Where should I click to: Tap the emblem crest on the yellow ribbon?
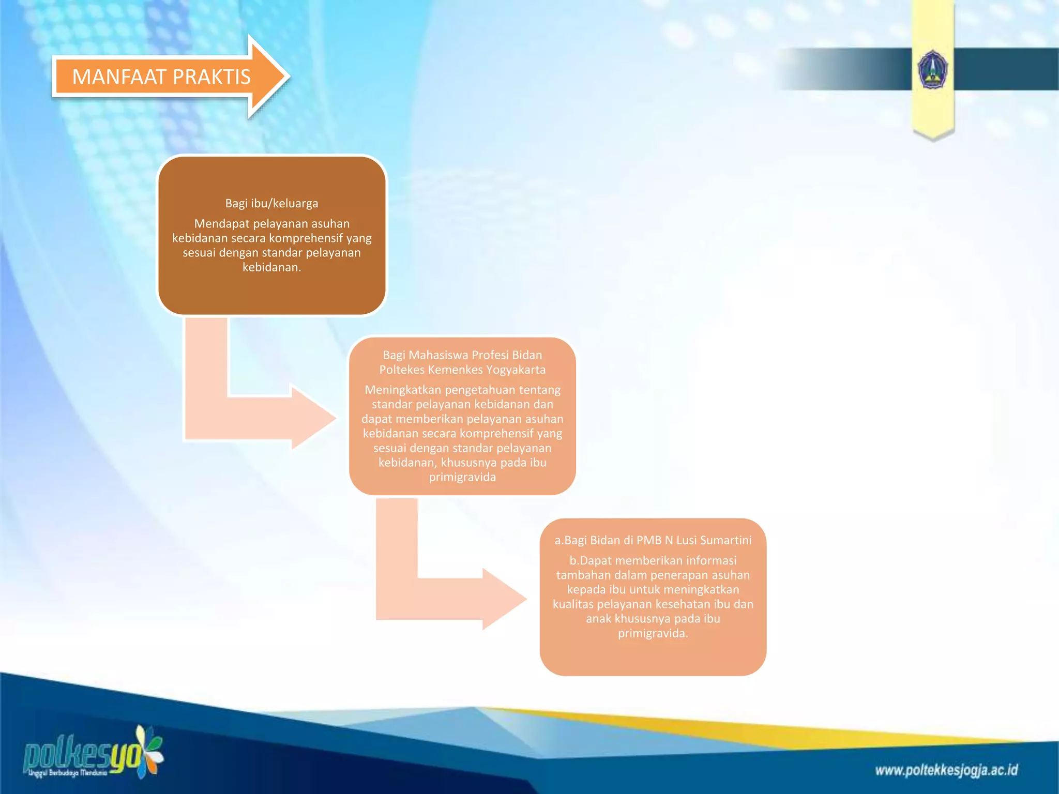click(932, 70)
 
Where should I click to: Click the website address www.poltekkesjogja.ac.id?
click(946, 770)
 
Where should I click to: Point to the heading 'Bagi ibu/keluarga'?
click(271, 203)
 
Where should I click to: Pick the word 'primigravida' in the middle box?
click(462, 477)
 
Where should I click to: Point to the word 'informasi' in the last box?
click(712, 560)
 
